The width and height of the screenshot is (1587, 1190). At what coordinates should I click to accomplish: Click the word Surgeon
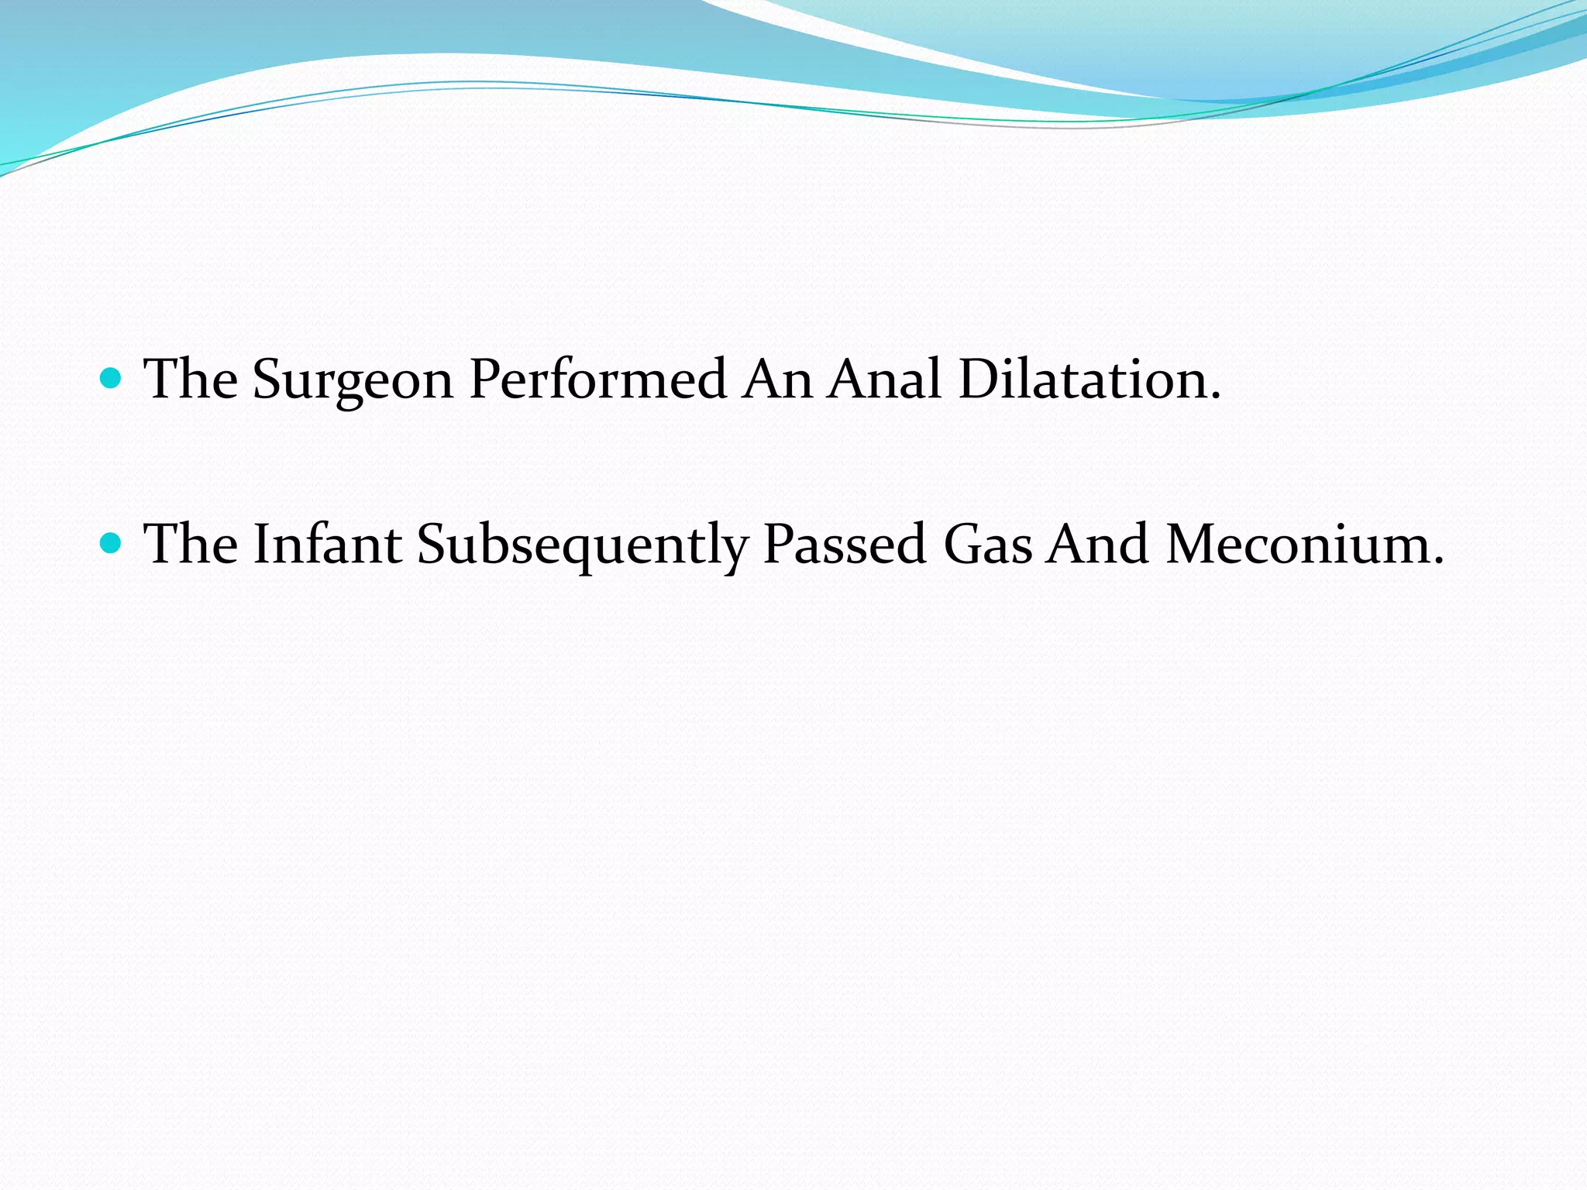coord(353,380)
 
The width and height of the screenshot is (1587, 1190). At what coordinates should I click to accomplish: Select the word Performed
coord(597,380)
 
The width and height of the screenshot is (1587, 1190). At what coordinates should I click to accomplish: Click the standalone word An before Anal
coord(777,379)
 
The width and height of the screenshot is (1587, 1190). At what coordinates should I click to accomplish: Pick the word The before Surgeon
coord(191,379)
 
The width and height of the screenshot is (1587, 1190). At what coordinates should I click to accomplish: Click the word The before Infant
coord(191,543)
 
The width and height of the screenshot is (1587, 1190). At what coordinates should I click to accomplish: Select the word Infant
coord(327,543)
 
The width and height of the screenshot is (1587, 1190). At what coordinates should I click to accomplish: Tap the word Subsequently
coord(582,545)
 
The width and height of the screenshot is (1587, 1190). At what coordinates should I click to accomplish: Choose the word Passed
coord(845,543)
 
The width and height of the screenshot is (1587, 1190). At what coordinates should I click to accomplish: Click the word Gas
coord(987,543)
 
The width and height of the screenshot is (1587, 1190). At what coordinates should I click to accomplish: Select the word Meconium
coord(1297,543)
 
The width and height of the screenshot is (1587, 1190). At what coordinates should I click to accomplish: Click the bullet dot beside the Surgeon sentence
coord(112,378)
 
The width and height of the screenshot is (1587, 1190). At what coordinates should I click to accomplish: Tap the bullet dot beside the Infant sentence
coord(112,542)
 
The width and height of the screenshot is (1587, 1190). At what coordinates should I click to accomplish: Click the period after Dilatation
coord(1214,397)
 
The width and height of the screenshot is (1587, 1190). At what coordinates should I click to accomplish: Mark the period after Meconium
coord(1437,561)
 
